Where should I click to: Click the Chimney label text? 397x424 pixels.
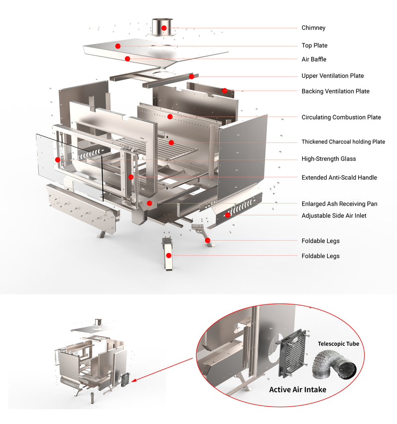(x=313, y=28)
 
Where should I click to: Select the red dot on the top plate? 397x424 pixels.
(x=118, y=46)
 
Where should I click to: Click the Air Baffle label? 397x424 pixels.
(x=314, y=60)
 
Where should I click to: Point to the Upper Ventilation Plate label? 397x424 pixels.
(x=332, y=76)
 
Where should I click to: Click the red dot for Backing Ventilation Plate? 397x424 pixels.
(x=224, y=91)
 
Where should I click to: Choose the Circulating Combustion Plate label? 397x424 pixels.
(x=341, y=118)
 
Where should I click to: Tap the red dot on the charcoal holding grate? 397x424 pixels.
(x=171, y=142)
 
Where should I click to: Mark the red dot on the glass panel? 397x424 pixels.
(x=58, y=159)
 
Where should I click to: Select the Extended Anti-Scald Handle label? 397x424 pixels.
(x=339, y=178)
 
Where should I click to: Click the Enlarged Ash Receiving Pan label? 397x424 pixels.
(x=339, y=204)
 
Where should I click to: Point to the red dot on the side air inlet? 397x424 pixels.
(x=228, y=215)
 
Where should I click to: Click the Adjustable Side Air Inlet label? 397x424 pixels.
(x=334, y=216)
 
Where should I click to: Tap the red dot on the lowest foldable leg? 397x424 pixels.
(x=169, y=255)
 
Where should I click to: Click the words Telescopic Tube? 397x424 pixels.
(x=338, y=344)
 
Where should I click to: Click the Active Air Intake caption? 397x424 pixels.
(x=298, y=390)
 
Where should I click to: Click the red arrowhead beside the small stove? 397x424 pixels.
(x=136, y=382)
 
